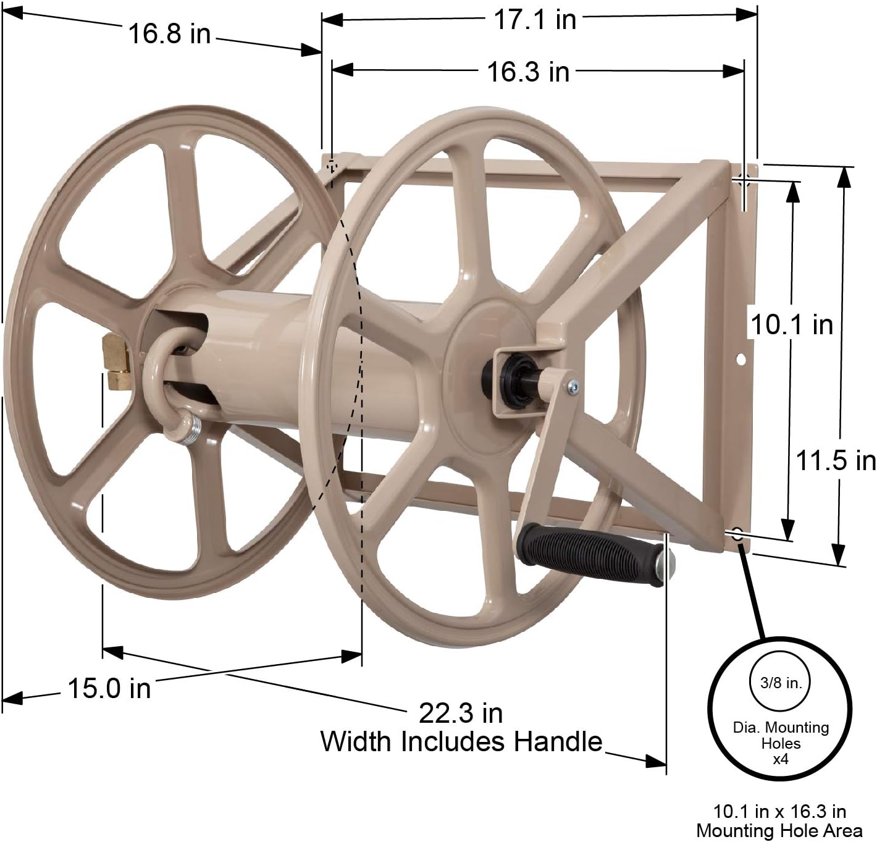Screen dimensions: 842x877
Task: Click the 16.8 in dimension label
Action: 169,34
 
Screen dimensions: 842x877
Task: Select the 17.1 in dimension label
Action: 534,20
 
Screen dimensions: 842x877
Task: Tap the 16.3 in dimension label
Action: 528,72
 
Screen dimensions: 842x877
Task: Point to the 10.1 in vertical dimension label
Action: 791,324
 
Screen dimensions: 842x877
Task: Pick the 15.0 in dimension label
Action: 109,688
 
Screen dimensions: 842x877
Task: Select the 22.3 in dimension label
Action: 461,714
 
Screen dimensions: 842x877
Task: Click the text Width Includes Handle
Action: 461,741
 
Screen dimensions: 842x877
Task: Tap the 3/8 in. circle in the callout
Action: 780,683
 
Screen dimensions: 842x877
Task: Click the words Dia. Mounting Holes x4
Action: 781,743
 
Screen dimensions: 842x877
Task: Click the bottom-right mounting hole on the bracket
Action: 737,534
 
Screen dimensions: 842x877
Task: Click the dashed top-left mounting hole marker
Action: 332,166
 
